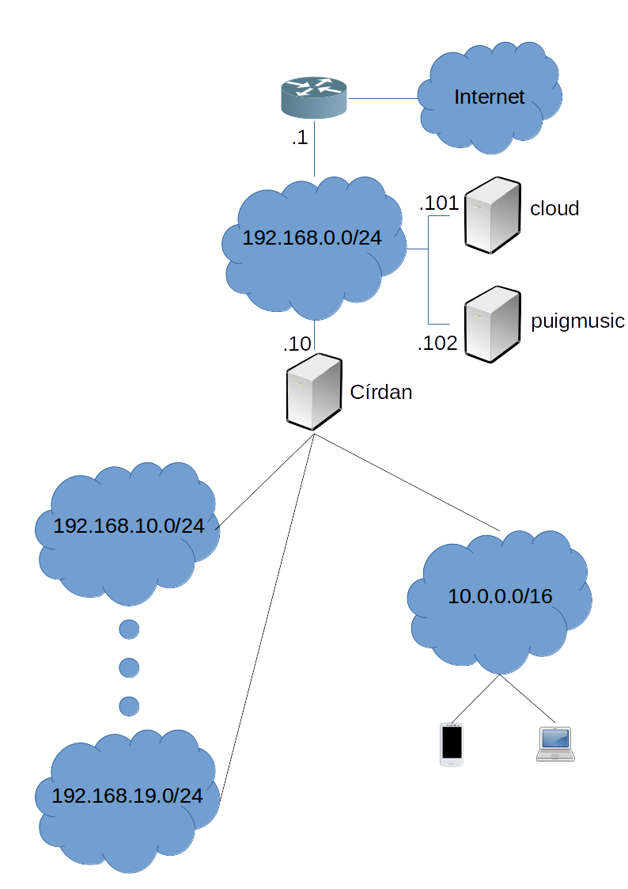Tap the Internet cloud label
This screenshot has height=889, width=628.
click(x=489, y=97)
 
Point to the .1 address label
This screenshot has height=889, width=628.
click(x=299, y=138)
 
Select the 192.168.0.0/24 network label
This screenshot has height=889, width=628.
click(x=312, y=237)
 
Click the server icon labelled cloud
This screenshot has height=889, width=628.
click(x=492, y=215)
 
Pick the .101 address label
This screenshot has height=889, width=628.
click(x=438, y=204)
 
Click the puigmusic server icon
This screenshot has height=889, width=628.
click(x=492, y=325)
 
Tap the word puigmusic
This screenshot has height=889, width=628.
click(x=578, y=321)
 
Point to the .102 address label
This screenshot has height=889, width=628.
click(x=438, y=344)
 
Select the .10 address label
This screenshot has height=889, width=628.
click(x=298, y=344)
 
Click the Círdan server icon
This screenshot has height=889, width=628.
click(x=313, y=392)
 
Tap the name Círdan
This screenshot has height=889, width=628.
click(x=381, y=392)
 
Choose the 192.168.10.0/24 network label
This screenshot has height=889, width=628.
click(x=128, y=526)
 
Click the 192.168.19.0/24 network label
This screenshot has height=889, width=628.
click(x=127, y=796)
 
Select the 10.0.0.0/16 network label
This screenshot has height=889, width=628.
click(x=500, y=596)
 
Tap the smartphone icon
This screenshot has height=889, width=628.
click(x=452, y=744)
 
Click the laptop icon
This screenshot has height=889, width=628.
click(x=554, y=745)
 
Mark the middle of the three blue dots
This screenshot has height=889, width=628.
click(x=129, y=667)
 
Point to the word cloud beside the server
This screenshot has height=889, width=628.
click(x=554, y=208)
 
